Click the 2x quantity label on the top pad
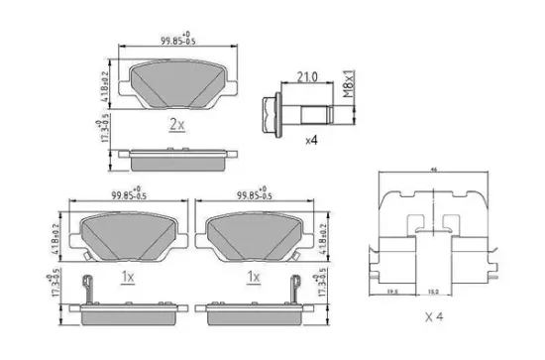coord(177,125)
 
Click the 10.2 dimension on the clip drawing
coord(434,292)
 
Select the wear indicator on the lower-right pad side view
coord(294,288)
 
